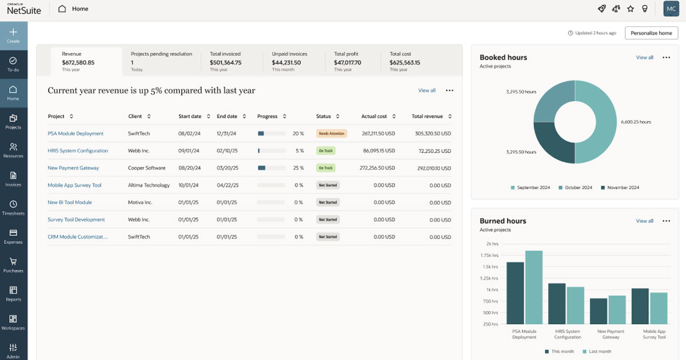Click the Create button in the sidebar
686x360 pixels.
[13, 35]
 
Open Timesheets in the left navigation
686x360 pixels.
[13, 207]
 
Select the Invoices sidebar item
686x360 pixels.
[13, 179]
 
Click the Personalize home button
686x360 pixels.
[651, 33]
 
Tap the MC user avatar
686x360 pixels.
[671, 9]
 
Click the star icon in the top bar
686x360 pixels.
[631, 9]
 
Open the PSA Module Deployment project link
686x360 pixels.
[75, 134]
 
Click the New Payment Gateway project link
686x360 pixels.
[73, 168]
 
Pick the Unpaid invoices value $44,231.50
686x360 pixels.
[286, 62]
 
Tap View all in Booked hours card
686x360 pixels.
[644, 58]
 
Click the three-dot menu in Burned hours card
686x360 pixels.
[666, 221]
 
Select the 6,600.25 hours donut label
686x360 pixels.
[636, 122]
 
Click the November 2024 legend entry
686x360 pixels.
[620, 187]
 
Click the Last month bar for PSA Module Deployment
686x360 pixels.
[533, 287]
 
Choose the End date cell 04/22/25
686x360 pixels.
[228, 185]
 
